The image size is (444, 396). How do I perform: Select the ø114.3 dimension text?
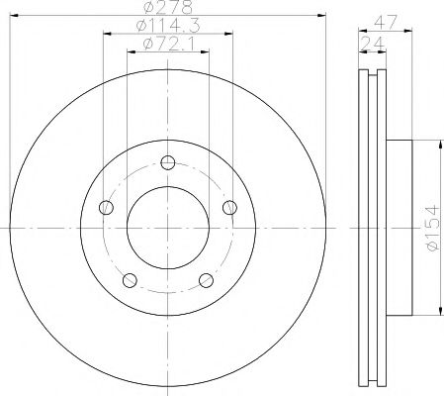[x=164, y=26]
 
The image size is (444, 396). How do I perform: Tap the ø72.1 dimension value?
[x=165, y=43]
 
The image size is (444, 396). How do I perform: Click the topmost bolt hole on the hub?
[x=168, y=163]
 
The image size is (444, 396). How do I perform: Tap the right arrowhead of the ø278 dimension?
[x=322, y=15]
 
